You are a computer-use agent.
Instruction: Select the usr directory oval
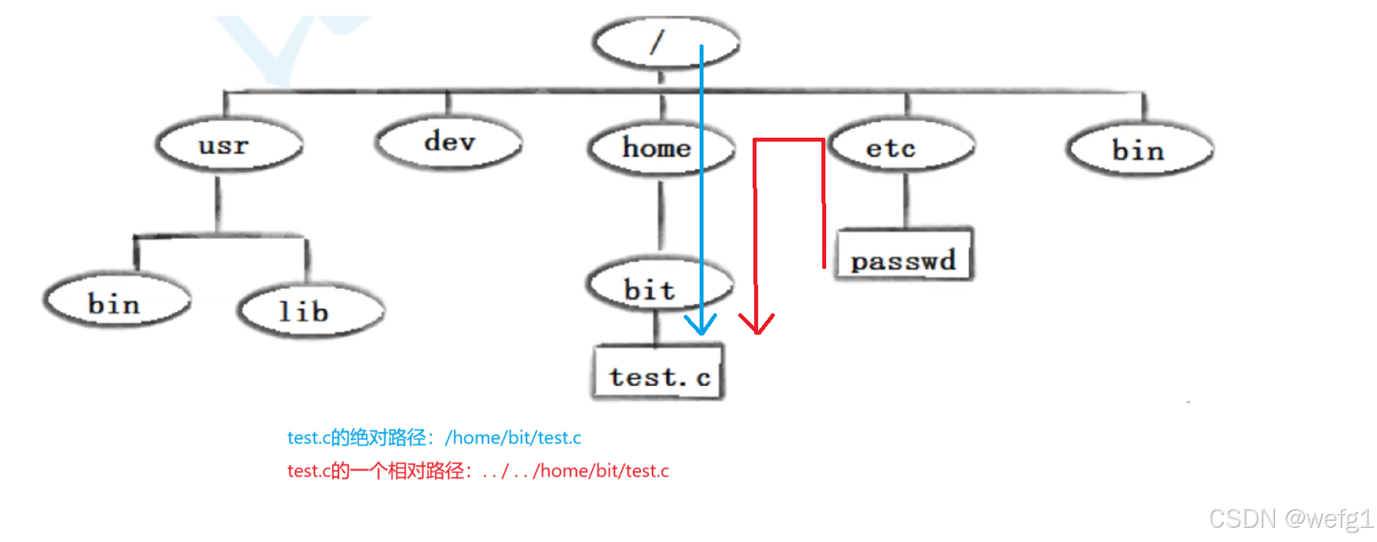pos(228,146)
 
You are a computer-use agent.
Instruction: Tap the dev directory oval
pos(449,142)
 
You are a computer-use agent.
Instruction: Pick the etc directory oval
pos(901,147)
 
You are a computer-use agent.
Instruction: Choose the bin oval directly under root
pos(1139,150)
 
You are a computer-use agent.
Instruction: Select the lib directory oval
pos(309,311)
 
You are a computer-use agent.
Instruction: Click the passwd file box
pos(904,256)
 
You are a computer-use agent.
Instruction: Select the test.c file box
pos(658,374)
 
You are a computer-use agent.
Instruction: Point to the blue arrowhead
pos(700,326)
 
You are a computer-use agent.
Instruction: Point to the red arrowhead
pos(757,324)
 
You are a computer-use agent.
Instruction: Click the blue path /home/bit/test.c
pos(513,438)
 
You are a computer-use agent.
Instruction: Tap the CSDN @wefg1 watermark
pos(1290,519)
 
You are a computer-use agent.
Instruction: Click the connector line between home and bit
pos(662,214)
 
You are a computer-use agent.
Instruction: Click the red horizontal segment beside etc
pos(789,141)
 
